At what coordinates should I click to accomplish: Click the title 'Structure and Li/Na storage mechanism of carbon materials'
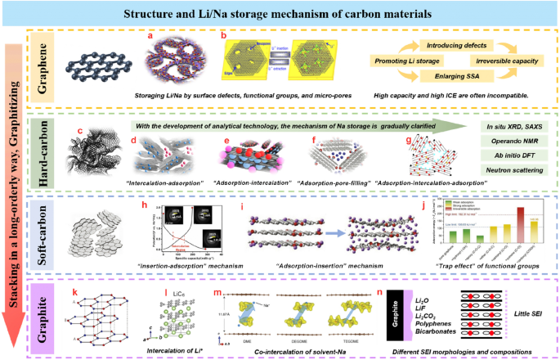tap(280, 13)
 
